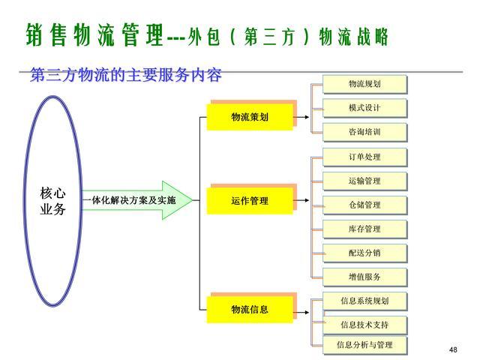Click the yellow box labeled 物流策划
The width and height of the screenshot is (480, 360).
tap(250, 117)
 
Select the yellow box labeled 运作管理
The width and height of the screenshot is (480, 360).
tap(250, 201)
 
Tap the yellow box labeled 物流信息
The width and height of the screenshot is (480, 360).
tap(250, 309)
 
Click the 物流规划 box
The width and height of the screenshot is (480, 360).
tap(364, 84)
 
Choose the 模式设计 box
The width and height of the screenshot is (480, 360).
tap(364, 108)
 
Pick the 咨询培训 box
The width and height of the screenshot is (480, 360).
tap(364, 133)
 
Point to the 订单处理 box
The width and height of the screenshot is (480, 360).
tap(364, 157)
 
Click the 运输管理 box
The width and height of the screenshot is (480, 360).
tap(364, 181)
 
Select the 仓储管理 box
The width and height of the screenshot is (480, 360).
tap(364, 205)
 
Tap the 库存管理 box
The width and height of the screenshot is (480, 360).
tap(364, 229)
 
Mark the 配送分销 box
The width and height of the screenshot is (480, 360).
tap(364, 253)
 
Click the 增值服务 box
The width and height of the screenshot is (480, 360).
tap(364, 277)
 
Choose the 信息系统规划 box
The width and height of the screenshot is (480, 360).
tap(364, 301)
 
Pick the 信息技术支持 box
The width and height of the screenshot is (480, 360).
tap(364, 325)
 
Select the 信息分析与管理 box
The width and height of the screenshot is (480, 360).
tap(364, 345)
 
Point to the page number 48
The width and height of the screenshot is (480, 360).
tap(452, 350)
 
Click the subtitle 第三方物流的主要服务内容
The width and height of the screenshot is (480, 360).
tap(126, 76)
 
